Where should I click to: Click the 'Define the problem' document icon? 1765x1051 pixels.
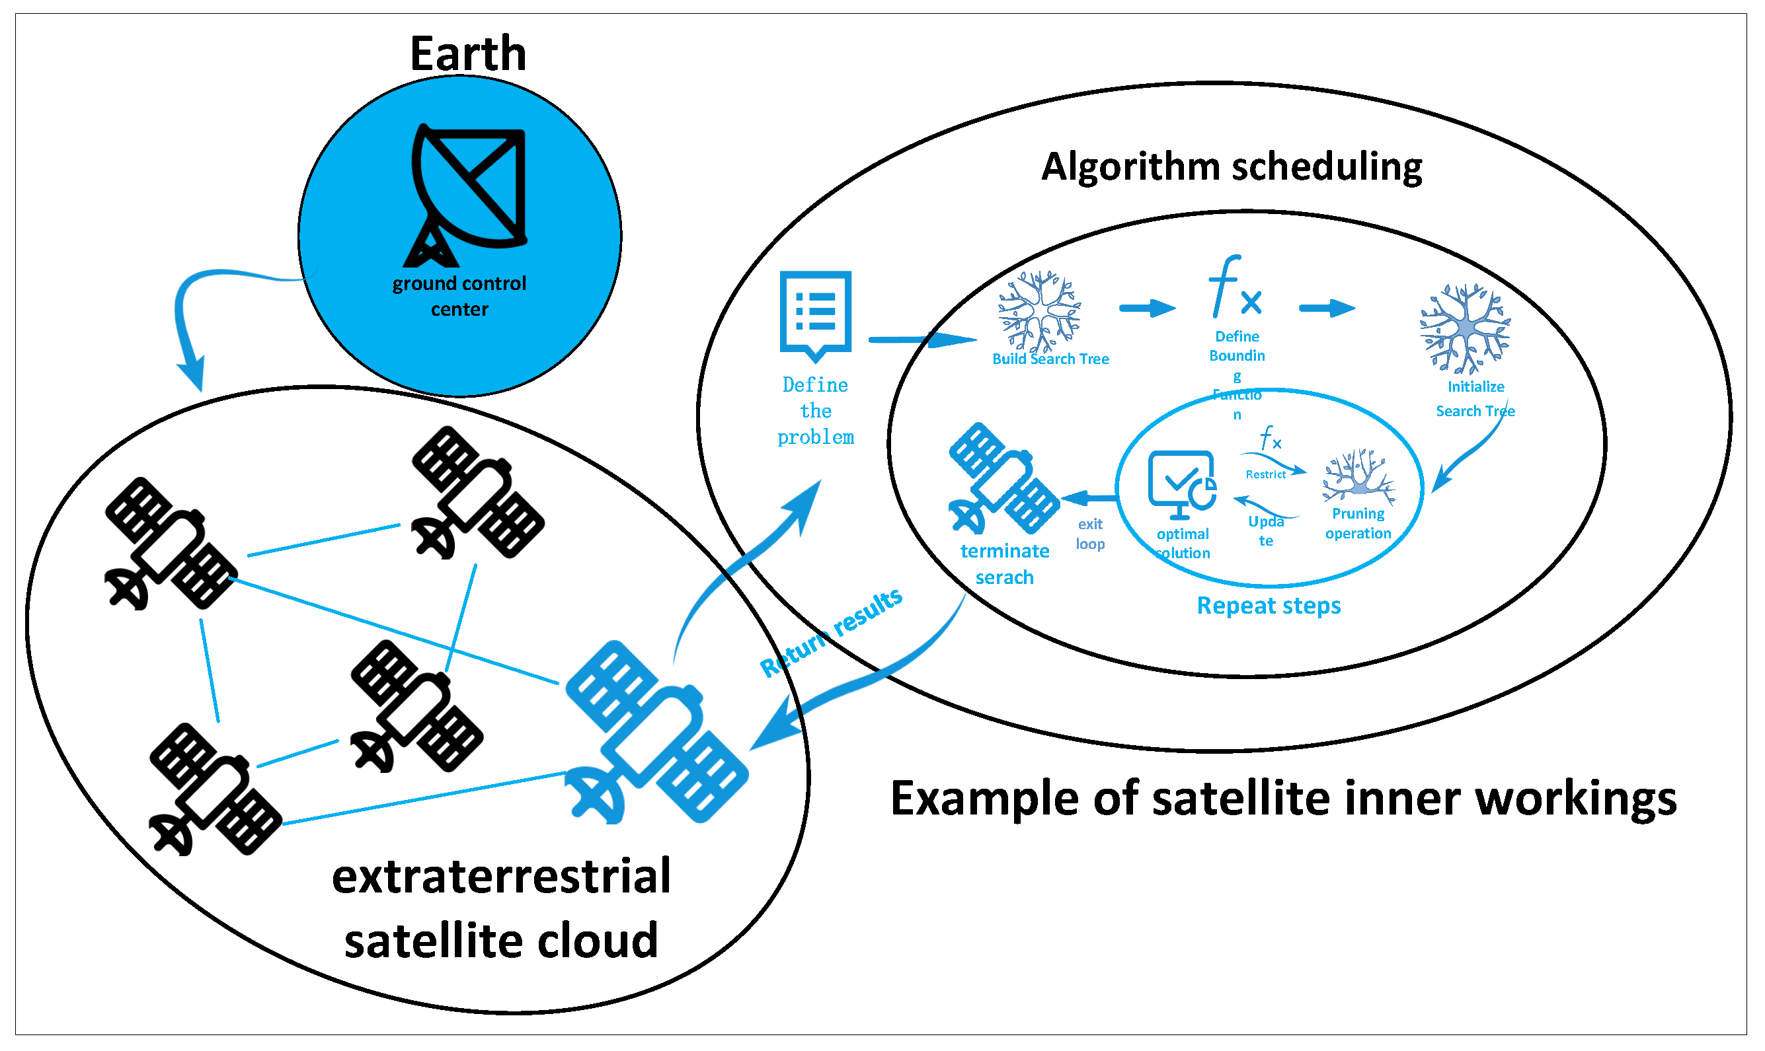point(816,314)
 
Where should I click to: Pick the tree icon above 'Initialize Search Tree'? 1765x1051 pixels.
point(1466,328)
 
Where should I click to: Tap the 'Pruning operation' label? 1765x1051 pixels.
point(1358,523)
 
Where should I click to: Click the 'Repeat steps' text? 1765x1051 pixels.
point(1269,606)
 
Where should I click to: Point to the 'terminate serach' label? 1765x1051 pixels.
point(1005,564)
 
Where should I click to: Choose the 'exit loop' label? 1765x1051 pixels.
point(1091,534)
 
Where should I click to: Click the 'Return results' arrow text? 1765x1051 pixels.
point(831,632)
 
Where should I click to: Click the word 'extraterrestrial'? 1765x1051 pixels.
point(502,877)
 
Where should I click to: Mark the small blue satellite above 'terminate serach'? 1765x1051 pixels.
point(1003,479)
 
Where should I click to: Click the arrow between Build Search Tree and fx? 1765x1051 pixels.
point(1147,308)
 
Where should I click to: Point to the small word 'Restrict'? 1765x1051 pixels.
point(1265,474)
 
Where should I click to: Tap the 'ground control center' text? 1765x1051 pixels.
point(460,296)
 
